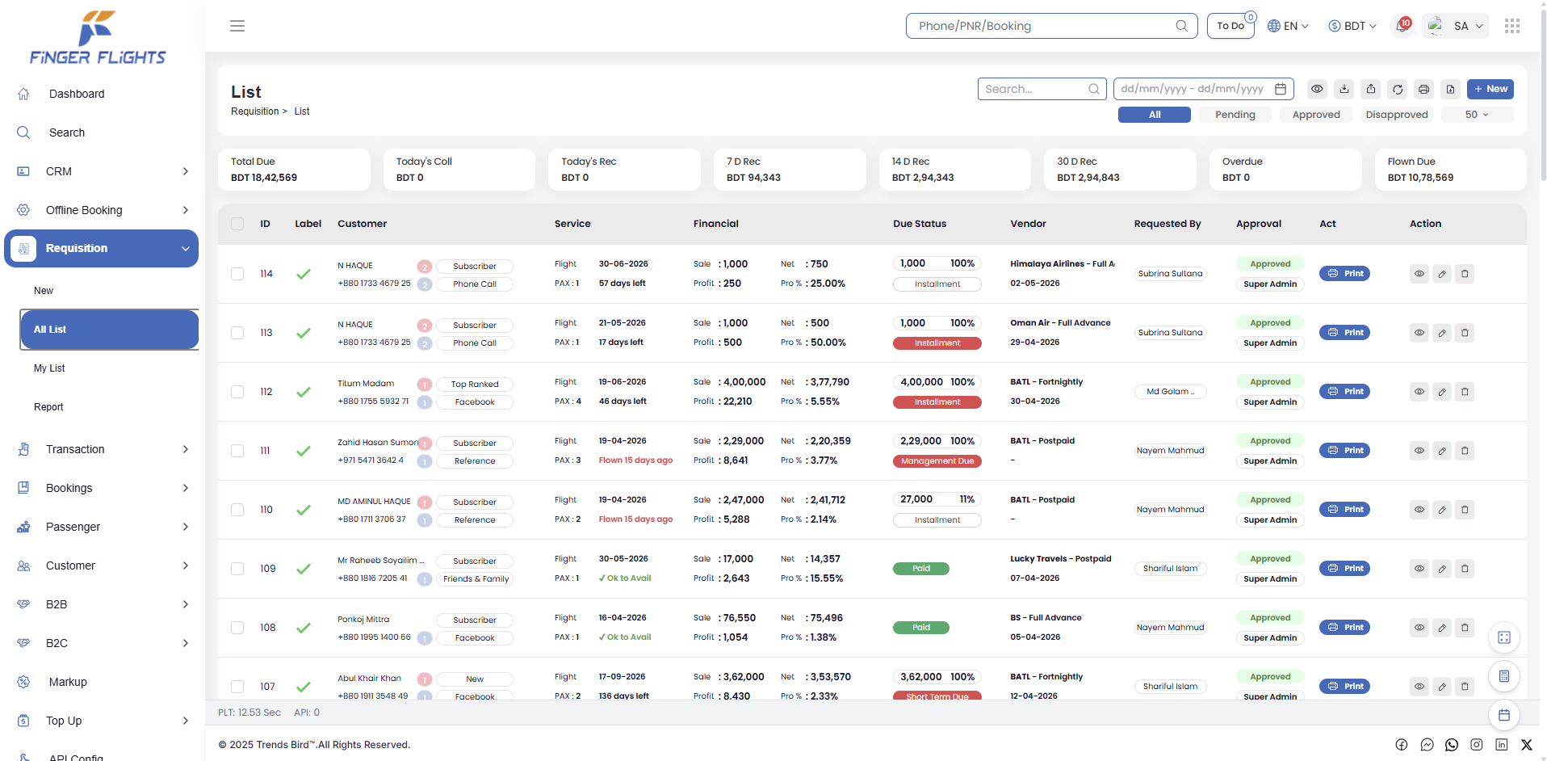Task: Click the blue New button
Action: tap(1490, 89)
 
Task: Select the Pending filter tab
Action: tap(1235, 115)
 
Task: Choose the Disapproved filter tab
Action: tap(1397, 115)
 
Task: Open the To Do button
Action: tap(1230, 26)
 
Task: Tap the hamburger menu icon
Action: tap(237, 26)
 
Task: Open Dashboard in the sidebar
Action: tap(77, 94)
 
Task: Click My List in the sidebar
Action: tap(49, 368)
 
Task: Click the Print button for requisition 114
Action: tap(1344, 274)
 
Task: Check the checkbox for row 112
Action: tap(237, 392)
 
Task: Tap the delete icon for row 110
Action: tap(1465, 510)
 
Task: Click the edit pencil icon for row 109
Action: tap(1442, 569)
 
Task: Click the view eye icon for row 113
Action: tap(1419, 333)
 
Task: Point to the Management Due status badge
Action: tap(937, 461)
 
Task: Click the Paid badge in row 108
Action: tap(921, 628)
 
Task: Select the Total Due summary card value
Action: tap(264, 178)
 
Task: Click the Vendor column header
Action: tap(1028, 224)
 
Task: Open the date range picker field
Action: tap(1203, 89)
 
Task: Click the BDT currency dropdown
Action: tap(1352, 26)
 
